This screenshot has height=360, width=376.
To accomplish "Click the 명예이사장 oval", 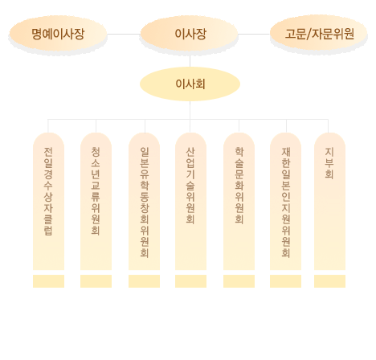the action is pyautogui.click(x=58, y=34).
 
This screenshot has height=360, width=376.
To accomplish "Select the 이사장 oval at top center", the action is pyautogui.click(x=189, y=34).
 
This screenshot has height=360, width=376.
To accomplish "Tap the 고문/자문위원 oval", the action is pyautogui.click(x=319, y=34).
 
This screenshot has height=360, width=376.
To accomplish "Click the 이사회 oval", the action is pyautogui.click(x=190, y=84).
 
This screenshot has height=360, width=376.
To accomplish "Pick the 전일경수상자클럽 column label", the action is pyautogui.click(x=48, y=191).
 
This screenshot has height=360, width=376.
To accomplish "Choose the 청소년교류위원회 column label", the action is pyautogui.click(x=96, y=190).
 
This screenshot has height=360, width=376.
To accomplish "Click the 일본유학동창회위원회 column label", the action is pyautogui.click(x=145, y=202).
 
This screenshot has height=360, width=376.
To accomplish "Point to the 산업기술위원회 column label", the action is pyautogui.click(x=190, y=186).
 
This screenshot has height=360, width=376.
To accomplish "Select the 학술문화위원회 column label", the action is pyautogui.click(x=239, y=186).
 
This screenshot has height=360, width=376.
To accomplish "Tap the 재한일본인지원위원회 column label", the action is pyautogui.click(x=286, y=202).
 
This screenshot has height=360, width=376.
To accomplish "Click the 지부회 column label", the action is pyautogui.click(x=329, y=163).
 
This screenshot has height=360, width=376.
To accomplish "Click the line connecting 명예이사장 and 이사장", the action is pyautogui.click(x=124, y=34).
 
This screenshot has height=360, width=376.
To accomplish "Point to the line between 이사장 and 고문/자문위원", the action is pyautogui.click(x=254, y=34).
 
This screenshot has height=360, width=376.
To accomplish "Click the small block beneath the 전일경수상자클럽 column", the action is pyautogui.click(x=48, y=281).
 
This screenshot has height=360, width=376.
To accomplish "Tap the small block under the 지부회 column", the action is pyautogui.click(x=329, y=281).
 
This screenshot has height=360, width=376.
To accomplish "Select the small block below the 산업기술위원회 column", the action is pyautogui.click(x=190, y=281).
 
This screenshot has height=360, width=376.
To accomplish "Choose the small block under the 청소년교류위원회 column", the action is pyautogui.click(x=96, y=281).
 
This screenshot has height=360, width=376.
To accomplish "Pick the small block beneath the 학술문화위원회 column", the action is pyautogui.click(x=239, y=281).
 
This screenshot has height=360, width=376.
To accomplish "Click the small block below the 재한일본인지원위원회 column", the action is pyautogui.click(x=285, y=281).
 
